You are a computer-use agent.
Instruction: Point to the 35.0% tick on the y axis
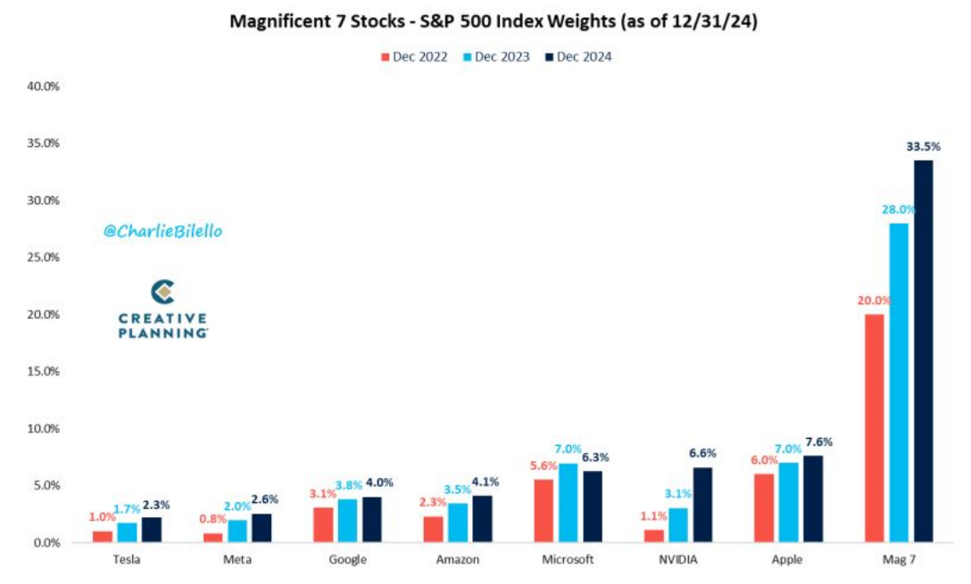tap(41, 144)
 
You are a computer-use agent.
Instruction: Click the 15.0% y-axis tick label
tap(41, 372)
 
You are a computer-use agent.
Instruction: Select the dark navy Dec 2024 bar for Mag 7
tap(922, 351)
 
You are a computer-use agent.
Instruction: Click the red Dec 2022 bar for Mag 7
tap(874, 428)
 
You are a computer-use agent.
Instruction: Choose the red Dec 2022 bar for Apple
tap(764, 507)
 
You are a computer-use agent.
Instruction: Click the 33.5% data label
tap(924, 146)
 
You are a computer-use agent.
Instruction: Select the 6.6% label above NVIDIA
tap(702, 453)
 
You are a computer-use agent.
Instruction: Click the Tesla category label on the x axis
tap(129, 560)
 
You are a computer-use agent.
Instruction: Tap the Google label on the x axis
tap(347, 560)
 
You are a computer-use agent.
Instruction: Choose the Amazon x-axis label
tap(457, 560)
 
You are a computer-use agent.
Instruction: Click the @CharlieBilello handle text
tap(162, 231)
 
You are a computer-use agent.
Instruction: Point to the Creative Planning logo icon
tap(162, 292)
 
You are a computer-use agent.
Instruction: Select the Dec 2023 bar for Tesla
tap(129, 532)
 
